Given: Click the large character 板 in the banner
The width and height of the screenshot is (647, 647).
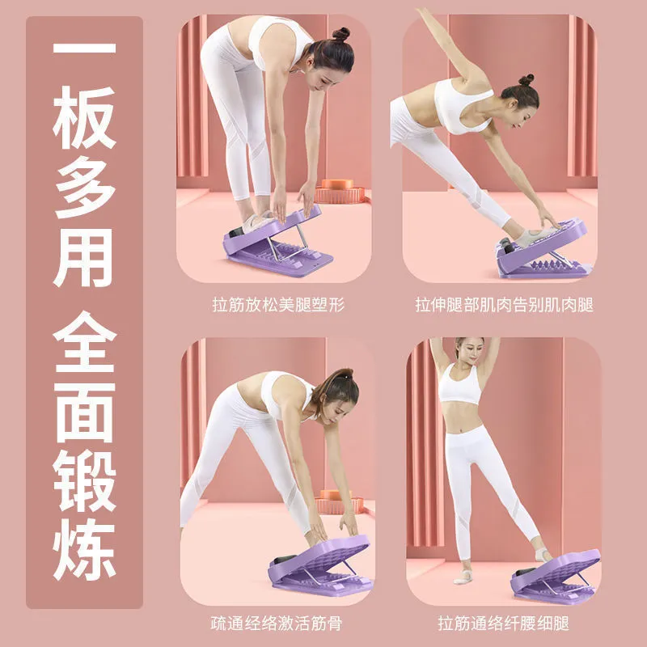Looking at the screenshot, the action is [84, 118].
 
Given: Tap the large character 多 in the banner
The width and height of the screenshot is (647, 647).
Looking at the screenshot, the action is [84, 188].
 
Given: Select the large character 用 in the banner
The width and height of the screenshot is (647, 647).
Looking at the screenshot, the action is [84, 257].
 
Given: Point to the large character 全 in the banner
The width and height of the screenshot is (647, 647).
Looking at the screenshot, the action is [85, 342].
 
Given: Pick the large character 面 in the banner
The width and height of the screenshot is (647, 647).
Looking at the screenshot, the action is [85, 412].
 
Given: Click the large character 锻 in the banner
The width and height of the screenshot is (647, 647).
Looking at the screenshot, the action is [85, 481].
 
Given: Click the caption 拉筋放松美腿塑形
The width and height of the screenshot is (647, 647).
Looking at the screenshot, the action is [278, 305].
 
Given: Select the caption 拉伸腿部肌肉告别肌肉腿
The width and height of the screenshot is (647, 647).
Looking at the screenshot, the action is [504, 305].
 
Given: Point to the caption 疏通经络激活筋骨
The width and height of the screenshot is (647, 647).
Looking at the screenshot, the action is [277, 623].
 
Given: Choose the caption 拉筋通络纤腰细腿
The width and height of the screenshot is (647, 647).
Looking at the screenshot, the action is [503, 623].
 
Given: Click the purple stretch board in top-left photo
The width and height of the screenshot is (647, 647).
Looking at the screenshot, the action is [277, 243].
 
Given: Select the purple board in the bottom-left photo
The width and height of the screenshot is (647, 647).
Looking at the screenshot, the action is [320, 566].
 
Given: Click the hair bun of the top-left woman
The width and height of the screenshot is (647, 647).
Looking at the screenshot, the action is [341, 34].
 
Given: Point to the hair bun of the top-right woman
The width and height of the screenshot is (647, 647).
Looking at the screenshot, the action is [526, 80].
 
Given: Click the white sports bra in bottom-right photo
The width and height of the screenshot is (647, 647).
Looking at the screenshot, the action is [459, 384].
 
